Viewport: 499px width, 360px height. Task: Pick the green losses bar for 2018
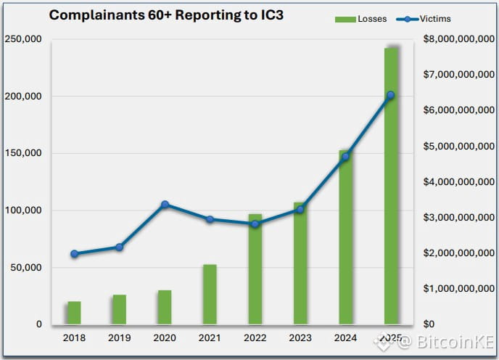74,313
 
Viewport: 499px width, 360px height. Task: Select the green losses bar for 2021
210,294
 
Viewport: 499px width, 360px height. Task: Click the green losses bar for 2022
255,269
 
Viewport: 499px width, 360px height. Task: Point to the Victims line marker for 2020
165,205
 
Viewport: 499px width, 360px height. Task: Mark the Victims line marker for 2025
391,95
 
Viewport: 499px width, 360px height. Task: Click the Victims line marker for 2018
74,253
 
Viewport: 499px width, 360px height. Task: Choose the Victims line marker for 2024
345,156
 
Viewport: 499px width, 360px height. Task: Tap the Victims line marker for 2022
255,224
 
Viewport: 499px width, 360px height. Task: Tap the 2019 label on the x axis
119,337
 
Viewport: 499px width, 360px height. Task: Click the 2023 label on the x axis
300,337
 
